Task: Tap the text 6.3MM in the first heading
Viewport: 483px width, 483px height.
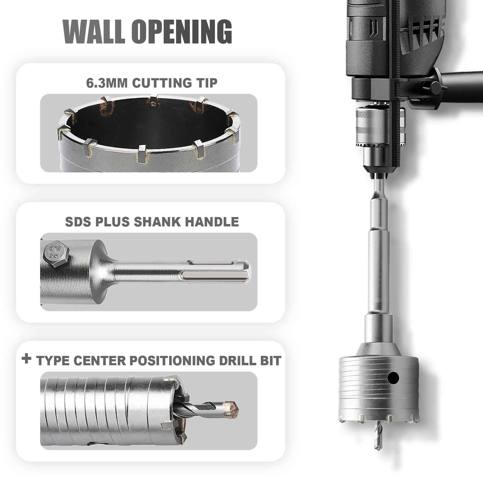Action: pyautogui.click(x=107, y=83)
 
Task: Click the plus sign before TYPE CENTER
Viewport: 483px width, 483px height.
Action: pyautogui.click(x=27, y=359)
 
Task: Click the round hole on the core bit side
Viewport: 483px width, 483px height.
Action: pyautogui.click(x=393, y=377)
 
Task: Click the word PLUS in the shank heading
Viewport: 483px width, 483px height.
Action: pyautogui.click(x=114, y=222)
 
